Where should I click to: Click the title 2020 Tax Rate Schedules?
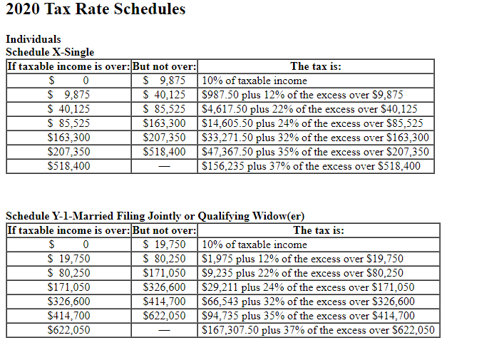[96, 10]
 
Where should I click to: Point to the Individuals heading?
[33, 39]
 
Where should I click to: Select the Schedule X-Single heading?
[50, 51]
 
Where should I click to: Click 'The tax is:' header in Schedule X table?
[316, 66]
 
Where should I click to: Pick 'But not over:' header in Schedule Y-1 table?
[165, 230]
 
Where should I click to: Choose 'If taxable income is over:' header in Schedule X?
[69, 66]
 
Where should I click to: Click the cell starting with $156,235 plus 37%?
[307, 166]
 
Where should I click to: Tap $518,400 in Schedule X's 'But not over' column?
[165, 152]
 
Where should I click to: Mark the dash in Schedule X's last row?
[165, 166]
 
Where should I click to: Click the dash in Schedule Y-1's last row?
[165, 330]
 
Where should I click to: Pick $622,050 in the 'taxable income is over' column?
[68, 330]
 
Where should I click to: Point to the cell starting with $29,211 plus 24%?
[308, 287]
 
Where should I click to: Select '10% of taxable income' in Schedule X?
[254, 81]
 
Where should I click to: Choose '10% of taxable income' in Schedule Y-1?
[254, 245]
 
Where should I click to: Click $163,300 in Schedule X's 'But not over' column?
[165, 123]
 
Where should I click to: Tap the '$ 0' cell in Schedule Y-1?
[68, 245]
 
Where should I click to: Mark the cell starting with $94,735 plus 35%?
[309, 316]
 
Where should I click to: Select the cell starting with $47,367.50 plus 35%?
[316, 152]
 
